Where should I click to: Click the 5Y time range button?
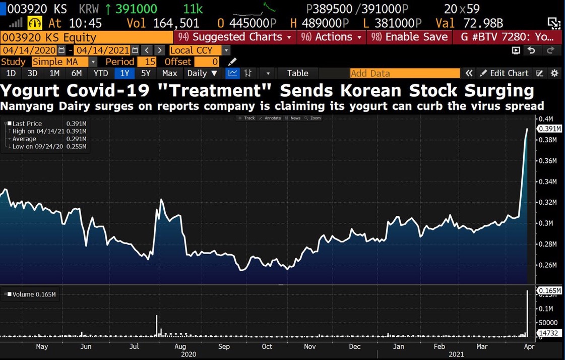click(x=146, y=73)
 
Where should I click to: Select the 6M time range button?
click(x=76, y=73)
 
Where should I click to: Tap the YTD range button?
click(x=101, y=73)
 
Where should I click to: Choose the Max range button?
click(x=169, y=73)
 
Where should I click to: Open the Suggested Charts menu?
click(x=235, y=37)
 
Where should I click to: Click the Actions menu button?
click(x=332, y=37)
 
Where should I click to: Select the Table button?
click(x=297, y=73)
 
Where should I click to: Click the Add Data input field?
click(x=405, y=73)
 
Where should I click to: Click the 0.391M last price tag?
click(x=549, y=129)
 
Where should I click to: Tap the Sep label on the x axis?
click(x=224, y=346)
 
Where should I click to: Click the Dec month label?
click(x=354, y=346)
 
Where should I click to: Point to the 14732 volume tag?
click(x=548, y=333)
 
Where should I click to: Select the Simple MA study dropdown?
click(x=64, y=62)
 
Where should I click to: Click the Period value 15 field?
click(x=149, y=62)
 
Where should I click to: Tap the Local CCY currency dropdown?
click(x=200, y=50)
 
